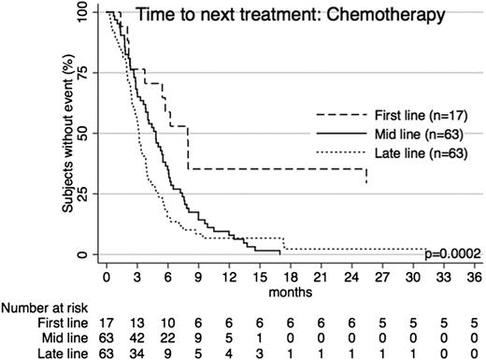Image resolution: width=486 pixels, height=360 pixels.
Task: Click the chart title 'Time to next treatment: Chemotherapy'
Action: click(x=277, y=16)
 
